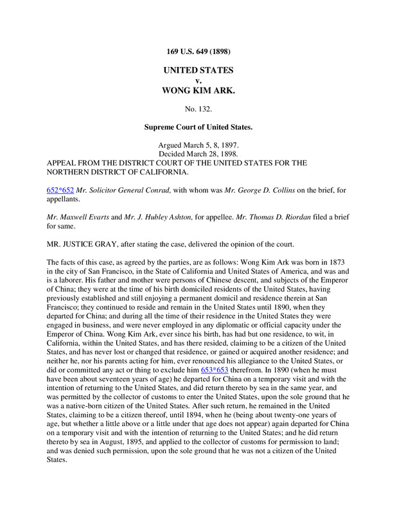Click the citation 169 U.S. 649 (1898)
click(x=198, y=51)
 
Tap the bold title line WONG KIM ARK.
click(x=198, y=91)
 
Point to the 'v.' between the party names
click(x=198, y=80)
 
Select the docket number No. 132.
click(x=198, y=109)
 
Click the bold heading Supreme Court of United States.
click(x=198, y=127)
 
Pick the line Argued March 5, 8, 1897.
click(x=198, y=145)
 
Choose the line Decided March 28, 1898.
click(x=198, y=154)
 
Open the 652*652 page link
click(x=61, y=191)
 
